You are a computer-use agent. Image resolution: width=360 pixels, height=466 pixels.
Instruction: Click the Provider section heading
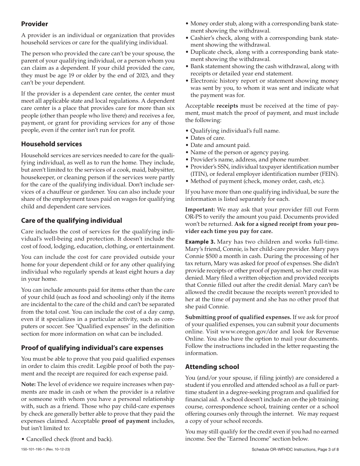click(34, 24)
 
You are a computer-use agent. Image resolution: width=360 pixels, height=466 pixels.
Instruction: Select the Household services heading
click(51, 144)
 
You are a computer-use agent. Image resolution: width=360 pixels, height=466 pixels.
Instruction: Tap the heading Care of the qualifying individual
click(71, 220)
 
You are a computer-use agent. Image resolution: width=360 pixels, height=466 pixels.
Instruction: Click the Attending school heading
click(212, 366)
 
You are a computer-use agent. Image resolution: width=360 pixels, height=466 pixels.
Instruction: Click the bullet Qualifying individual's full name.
click(235, 131)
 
